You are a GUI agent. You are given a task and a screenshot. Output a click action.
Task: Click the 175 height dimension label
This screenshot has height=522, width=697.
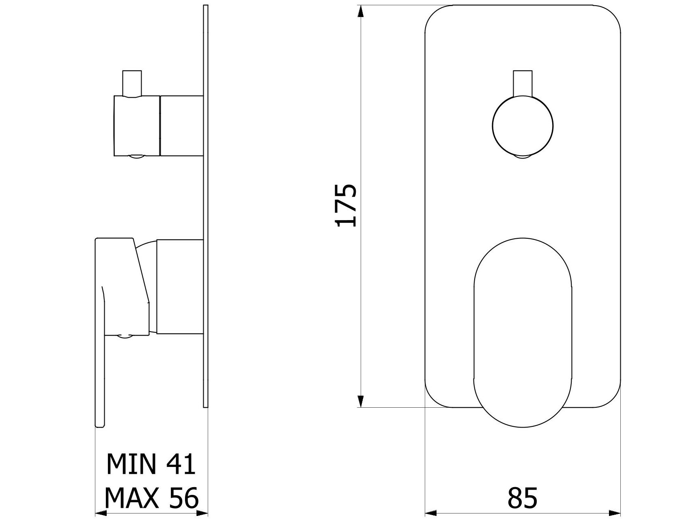[x=346, y=205]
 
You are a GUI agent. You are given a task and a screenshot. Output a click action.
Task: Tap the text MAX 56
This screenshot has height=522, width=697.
[x=151, y=498]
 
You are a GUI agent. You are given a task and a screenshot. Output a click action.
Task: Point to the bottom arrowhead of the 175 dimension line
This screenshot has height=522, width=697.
[x=359, y=401]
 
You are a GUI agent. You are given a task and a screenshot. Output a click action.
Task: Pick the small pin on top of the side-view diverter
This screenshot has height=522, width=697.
[x=132, y=83]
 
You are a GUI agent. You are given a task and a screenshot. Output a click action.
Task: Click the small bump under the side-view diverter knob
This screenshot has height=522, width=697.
[x=137, y=158]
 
